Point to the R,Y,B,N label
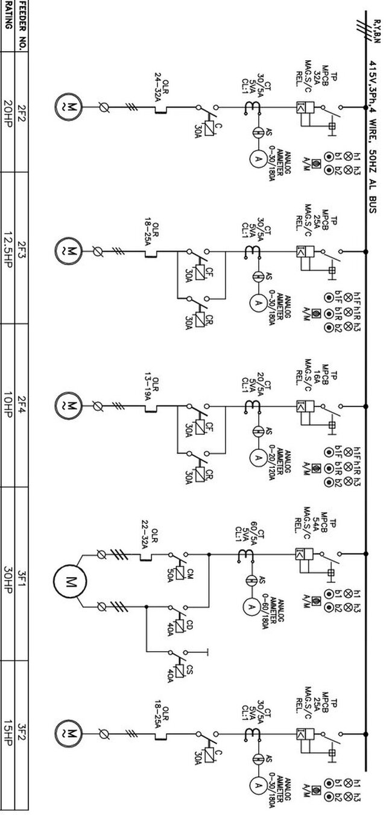coord(376,30)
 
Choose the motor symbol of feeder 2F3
coord(71,249)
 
